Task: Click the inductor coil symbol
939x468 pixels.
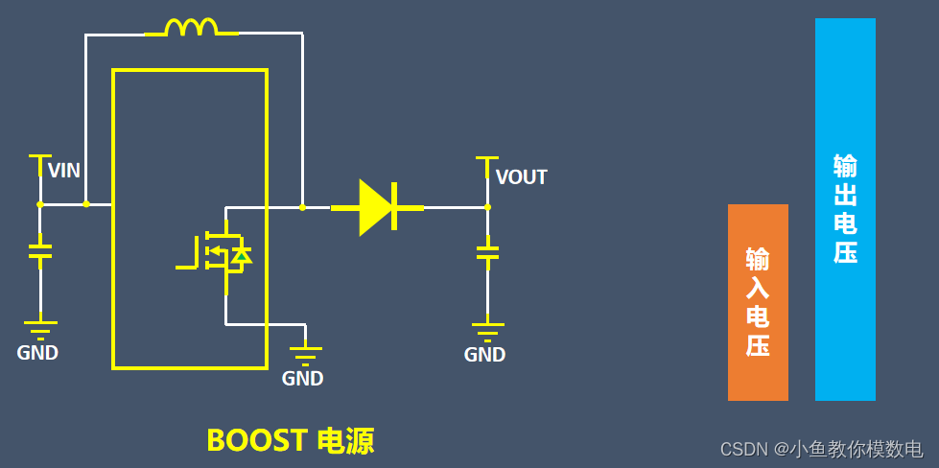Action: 192,28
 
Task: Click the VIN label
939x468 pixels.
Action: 64,172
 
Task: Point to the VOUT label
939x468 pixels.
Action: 522,177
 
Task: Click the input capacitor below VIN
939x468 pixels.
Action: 39,251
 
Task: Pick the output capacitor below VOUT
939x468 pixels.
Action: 487,253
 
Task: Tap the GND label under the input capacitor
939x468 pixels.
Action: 37,353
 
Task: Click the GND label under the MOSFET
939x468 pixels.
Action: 302,379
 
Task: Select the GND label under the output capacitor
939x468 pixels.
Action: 484,355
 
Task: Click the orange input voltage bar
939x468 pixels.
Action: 758,302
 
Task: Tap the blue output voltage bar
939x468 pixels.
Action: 845,209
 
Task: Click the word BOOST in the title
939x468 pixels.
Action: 255,440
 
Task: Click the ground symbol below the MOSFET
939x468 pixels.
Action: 305,355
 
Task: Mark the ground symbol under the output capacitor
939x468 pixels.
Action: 487,331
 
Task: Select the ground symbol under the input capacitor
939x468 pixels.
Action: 39,329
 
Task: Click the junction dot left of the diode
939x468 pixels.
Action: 302,207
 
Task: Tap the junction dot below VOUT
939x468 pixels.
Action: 487,207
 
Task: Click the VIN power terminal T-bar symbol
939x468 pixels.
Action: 39,156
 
